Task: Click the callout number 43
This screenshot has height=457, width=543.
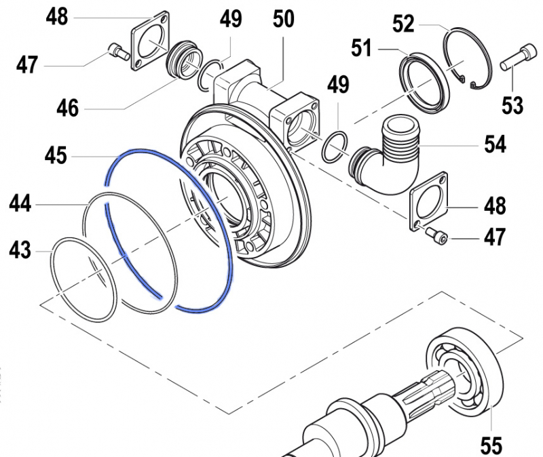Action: click(20, 251)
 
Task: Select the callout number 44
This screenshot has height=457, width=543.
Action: click(20, 202)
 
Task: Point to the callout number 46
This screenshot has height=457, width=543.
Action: click(68, 107)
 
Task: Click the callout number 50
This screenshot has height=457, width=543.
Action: click(283, 18)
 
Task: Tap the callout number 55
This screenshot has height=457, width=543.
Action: click(491, 445)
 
